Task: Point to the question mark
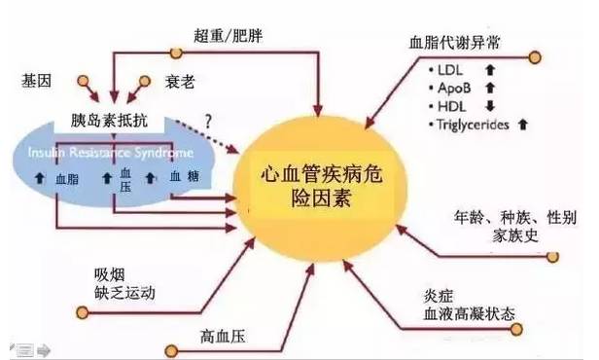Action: click(209, 121)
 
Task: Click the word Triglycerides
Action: click(476, 124)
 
